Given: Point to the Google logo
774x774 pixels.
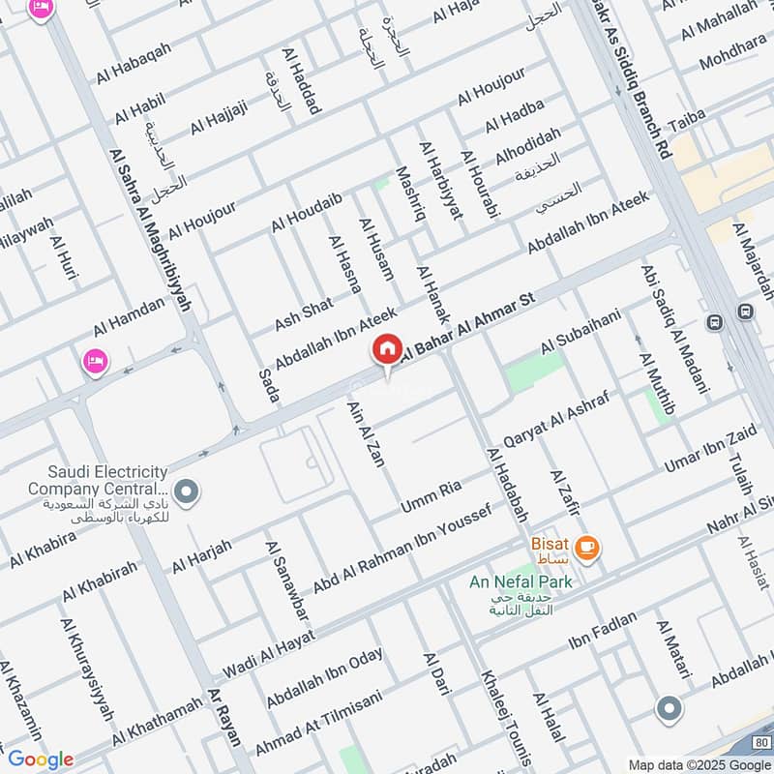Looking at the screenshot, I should [40, 759].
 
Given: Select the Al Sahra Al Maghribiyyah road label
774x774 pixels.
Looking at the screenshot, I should [152, 229].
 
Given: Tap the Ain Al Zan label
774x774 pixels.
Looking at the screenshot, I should [366, 433].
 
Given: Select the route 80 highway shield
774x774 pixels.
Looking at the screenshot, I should [759, 743].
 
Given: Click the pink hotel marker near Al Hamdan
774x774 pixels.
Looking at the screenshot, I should [96, 362].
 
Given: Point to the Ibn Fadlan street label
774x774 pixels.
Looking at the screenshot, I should [603, 630].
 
